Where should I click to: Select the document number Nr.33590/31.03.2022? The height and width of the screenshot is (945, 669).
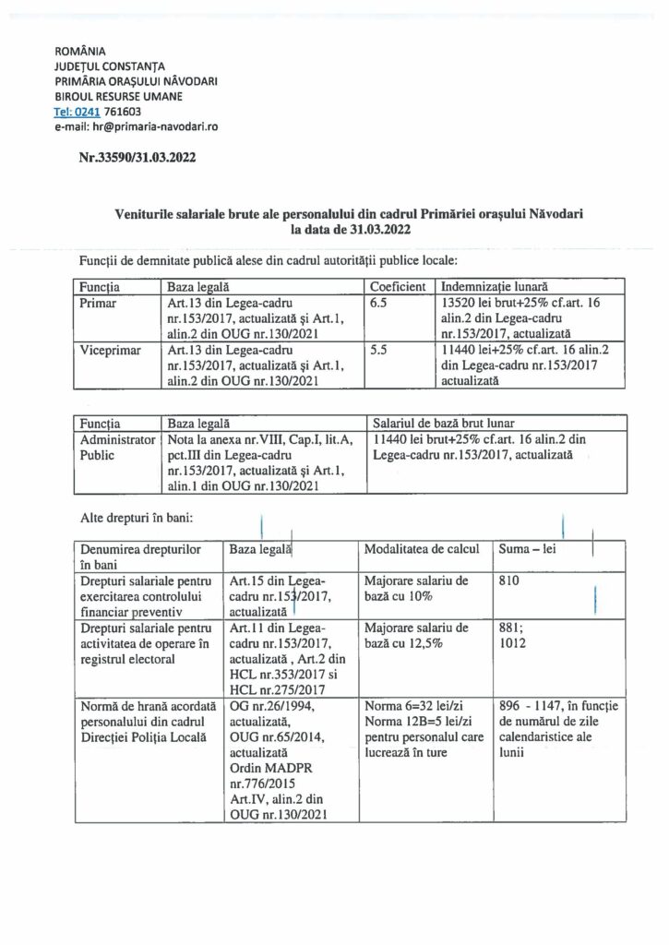pyautogui.click(x=137, y=159)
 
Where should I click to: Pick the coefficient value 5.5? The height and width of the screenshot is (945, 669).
pyautogui.click(x=378, y=351)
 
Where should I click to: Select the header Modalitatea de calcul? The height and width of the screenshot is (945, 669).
pyautogui.click(x=422, y=548)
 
